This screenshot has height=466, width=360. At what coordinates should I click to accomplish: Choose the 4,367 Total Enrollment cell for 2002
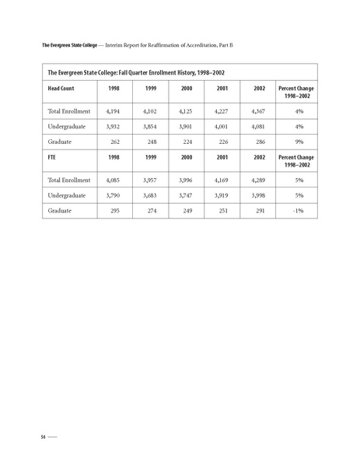point(254,112)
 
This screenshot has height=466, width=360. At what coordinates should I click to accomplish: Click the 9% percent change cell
point(299,142)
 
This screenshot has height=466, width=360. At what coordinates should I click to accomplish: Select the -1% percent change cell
point(299,212)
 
